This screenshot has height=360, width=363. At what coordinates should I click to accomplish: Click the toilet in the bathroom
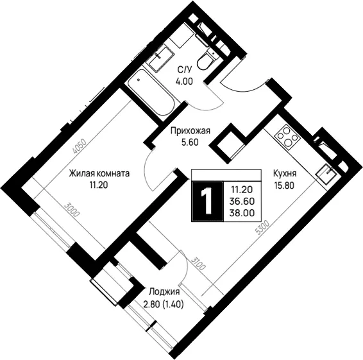[207, 59]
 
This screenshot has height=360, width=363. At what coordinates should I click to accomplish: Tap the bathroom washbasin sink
[160, 58]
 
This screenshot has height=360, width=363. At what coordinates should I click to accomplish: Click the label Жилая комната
[99, 173]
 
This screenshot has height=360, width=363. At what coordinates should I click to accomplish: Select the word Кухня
[285, 173]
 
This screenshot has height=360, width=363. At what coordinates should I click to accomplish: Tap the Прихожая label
[190, 131]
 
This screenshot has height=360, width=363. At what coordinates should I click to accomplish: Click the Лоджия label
[164, 292]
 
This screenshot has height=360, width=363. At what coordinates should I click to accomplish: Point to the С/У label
[185, 69]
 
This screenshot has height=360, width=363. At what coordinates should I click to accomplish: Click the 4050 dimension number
[80, 146]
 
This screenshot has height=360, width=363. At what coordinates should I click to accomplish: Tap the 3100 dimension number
[198, 263]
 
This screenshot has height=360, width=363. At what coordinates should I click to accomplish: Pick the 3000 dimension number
[72, 210]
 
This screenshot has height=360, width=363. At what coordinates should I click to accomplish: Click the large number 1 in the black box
[207, 201]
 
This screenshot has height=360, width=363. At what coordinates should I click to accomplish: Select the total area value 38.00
[242, 213]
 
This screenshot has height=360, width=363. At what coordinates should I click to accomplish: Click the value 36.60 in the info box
[242, 201]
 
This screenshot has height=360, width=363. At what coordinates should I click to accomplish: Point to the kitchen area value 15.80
[284, 185]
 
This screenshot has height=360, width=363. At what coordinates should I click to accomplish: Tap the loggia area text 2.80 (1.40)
[164, 305]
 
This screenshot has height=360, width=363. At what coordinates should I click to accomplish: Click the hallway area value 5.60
[190, 142]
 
